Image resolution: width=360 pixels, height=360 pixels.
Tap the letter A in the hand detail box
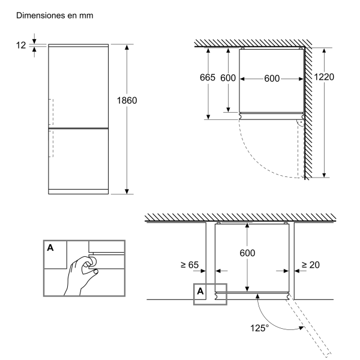click(51, 247)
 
